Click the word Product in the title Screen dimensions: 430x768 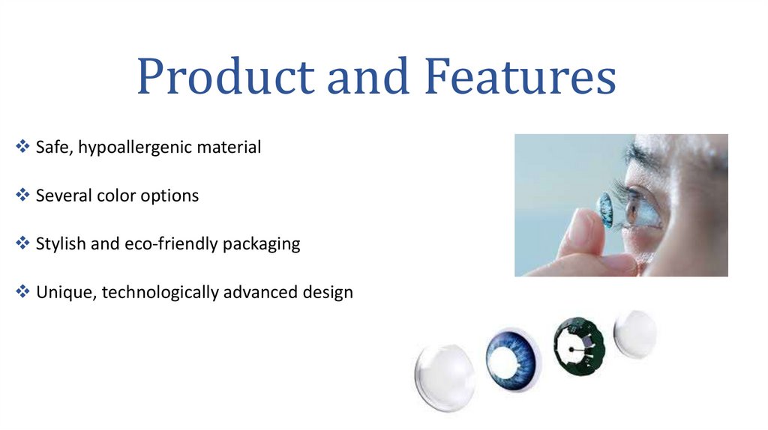tap(222, 79)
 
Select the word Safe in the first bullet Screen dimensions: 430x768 tap(52, 148)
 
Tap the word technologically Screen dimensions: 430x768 tap(160, 292)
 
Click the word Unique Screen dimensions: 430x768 tap(65, 292)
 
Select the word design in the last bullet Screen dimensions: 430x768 tap(328, 292)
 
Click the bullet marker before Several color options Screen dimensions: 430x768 tap(22, 196)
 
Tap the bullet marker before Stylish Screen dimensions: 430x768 tap(22, 243)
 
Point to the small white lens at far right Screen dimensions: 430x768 tap(634, 333)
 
